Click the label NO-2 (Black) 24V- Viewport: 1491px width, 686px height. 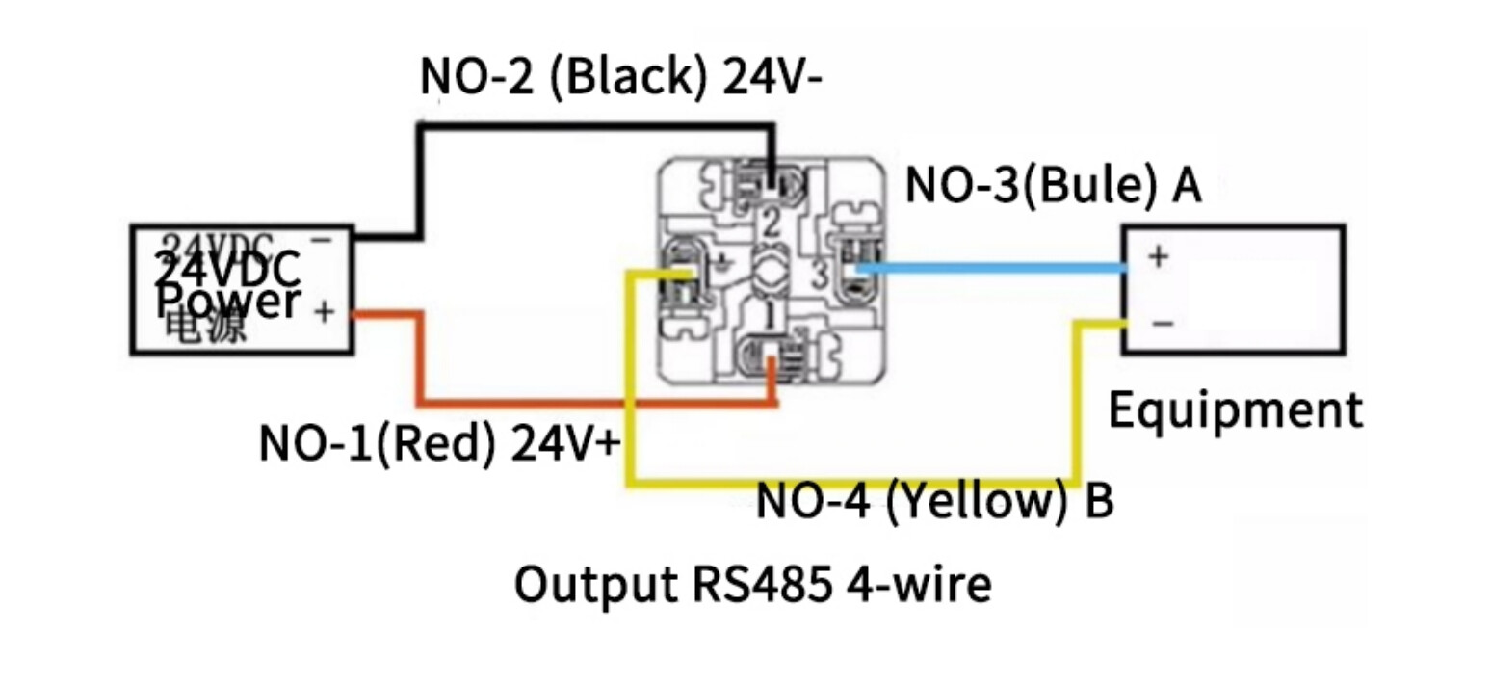[x=620, y=76]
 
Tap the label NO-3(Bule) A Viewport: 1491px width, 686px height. [x=1053, y=185]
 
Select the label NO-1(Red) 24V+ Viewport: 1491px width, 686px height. [x=439, y=443]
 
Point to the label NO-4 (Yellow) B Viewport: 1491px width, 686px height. [x=934, y=501]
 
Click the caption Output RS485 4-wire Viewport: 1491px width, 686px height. [x=752, y=585]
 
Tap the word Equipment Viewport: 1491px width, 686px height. [x=1235, y=410]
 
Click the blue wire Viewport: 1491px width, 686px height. [x=992, y=269]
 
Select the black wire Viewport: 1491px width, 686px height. [x=597, y=126]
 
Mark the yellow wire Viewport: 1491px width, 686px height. [x=848, y=481]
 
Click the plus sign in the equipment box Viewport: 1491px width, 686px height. [x=1159, y=256]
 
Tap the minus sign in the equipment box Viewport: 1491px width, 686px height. [x=1163, y=323]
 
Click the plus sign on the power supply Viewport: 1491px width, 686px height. [x=325, y=312]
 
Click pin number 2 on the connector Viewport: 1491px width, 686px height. [x=771, y=223]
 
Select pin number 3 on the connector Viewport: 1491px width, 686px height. [x=819, y=274]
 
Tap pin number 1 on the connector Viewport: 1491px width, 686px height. [x=770, y=314]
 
